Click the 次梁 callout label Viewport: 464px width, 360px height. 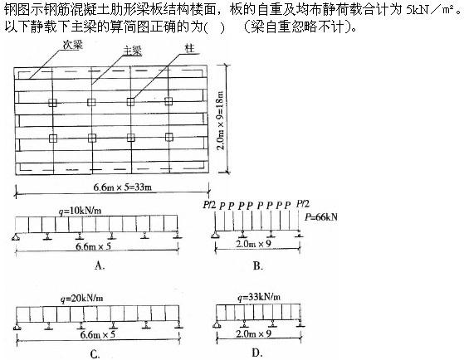point(72,45)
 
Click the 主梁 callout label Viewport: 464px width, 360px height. point(132,51)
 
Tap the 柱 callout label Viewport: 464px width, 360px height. point(189,48)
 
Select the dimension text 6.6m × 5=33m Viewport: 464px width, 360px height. point(123,187)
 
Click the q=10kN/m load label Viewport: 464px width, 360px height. point(80,211)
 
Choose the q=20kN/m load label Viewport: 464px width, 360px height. point(81,298)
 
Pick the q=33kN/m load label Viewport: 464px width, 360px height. point(259,297)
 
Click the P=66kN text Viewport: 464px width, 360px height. point(321,217)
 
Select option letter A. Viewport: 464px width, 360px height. point(100,265)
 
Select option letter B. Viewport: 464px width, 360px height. point(258,266)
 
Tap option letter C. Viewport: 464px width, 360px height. point(95,354)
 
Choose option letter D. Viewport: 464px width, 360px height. point(256,353)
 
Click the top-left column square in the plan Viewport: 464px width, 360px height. point(52,103)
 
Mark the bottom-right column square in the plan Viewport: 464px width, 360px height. point(169,137)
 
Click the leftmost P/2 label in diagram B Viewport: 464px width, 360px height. point(209,205)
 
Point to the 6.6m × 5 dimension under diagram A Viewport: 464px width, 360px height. point(93,246)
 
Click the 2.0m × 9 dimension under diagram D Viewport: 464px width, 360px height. point(254,334)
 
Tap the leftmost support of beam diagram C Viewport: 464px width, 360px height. point(17,326)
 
